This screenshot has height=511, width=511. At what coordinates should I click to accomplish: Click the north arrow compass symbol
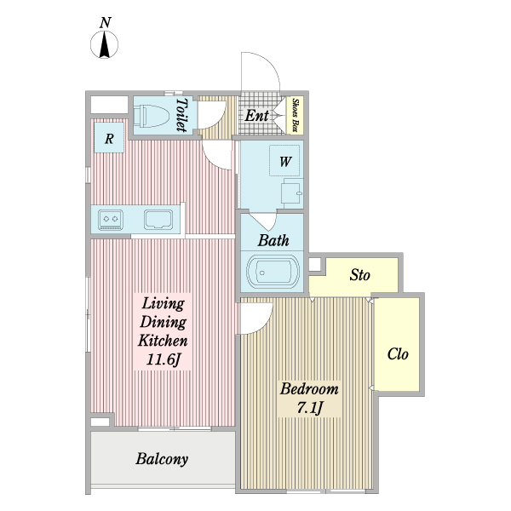[x=104, y=44]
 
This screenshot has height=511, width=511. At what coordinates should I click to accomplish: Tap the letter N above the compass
[x=106, y=23]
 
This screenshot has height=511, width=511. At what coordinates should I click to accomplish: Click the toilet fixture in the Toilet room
[x=152, y=115]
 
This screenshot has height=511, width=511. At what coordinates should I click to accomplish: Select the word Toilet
[x=181, y=115]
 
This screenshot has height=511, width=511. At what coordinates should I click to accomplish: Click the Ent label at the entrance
[x=257, y=115]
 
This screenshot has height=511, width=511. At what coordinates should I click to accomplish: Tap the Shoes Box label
[x=296, y=115]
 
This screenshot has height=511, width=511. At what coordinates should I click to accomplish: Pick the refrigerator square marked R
[x=109, y=138]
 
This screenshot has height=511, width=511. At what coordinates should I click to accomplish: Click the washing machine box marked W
[x=284, y=161]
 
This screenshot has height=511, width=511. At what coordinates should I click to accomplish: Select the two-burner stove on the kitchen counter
[x=111, y=220]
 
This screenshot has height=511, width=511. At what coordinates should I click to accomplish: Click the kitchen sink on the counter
[x=158, y=220]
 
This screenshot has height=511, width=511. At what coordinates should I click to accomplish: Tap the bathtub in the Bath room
[x=273, y=272]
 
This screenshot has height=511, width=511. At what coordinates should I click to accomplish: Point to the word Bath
[x=273, y=240]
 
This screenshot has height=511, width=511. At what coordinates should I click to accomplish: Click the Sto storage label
[x=359, y=275]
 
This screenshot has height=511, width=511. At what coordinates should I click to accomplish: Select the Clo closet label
[x=398, y=354]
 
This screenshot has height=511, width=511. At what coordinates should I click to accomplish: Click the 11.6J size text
[x=163, y=359]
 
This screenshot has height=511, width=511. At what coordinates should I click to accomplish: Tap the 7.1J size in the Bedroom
[x=310, y=407]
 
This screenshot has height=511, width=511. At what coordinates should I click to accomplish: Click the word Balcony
[x=162, y=459]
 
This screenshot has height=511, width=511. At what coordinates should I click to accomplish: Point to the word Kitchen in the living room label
[x=163, y=341]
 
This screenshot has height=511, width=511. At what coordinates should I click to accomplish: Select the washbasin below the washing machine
[x=292, y=193]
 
